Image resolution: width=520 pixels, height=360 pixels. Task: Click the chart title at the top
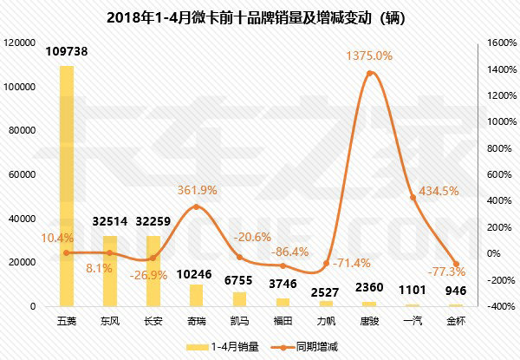[x=260, y=16]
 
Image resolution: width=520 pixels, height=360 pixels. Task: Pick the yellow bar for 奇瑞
[x=196, y=295]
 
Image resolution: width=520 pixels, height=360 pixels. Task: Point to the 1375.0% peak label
[x=369, y=56]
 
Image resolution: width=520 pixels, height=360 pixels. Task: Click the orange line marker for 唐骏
[x=370, y=73]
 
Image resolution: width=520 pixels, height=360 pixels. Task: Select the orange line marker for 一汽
[x=413, y=197]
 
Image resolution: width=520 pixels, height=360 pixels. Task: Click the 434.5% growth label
[x=438, y=191]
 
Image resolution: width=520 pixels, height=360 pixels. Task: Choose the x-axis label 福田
[x=283, y=320]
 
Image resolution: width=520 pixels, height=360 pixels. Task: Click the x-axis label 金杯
[x=455, y=320]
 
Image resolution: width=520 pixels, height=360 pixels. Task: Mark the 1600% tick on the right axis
[x=491, y=42]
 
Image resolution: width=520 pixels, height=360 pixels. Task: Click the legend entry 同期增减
[x=303, y=347]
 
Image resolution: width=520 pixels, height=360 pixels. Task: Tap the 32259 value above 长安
[x=153, y=224]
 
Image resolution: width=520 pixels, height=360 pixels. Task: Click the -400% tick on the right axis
[x=491, y=306]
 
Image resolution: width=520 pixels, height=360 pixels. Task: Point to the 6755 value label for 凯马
[x=239, y=280]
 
